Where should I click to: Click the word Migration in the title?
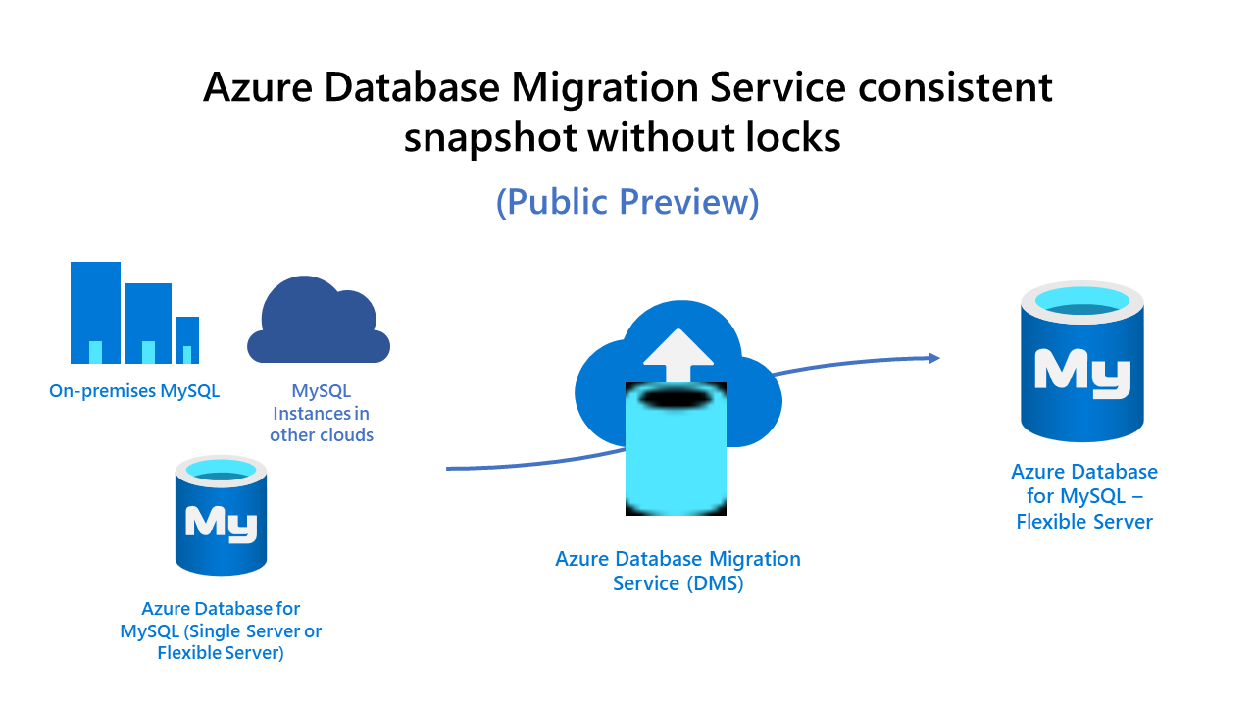(x=606, y=88)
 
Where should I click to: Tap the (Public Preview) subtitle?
(x=627, y=201)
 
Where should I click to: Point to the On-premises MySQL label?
(x=134, y=391)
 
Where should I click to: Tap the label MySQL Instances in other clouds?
(x=322, y=413)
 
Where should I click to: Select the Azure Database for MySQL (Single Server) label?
(x=221, y=630)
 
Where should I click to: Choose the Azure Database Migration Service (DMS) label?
(x=678, y=571)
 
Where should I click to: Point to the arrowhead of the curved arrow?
(x=932, y=358)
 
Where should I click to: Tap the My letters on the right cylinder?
(x=1082, y=373)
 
